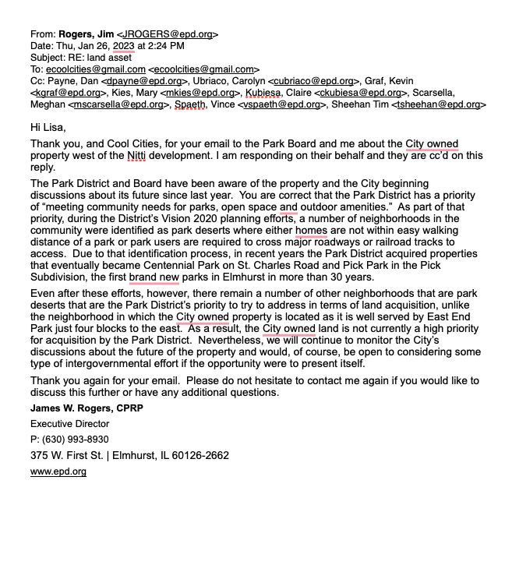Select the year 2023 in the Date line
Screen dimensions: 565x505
[124, 46]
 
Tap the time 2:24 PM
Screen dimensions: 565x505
[160, 46]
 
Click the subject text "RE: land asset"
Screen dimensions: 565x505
[100, 58]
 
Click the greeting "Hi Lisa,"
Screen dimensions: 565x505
[48, 127]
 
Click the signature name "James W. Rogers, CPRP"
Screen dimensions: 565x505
[87, 408]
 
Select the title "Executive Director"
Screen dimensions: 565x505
[69, 424]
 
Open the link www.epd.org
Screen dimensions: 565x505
[58, 471]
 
